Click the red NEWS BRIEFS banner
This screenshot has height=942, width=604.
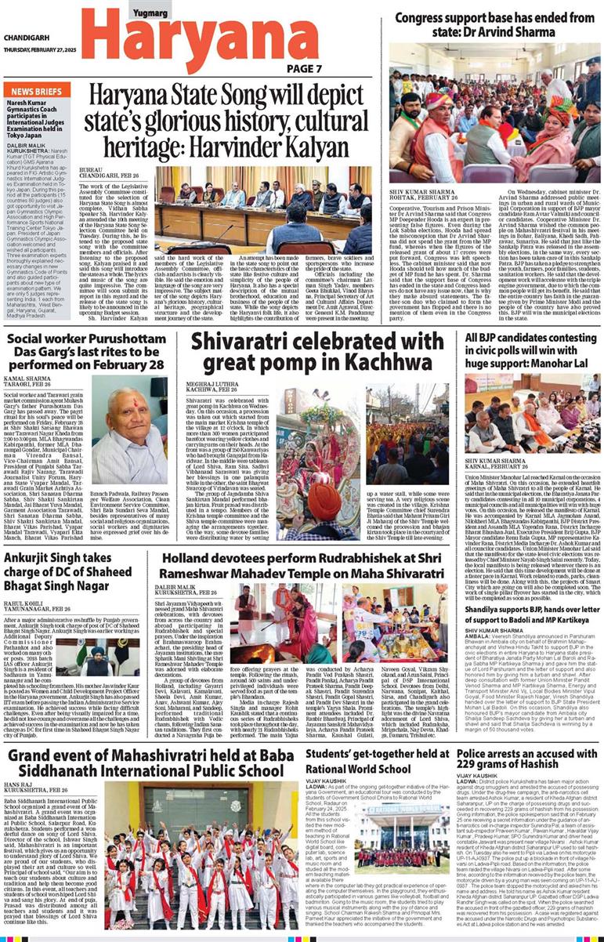point(37,92)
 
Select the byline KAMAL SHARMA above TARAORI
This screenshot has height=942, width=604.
point(28,377)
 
